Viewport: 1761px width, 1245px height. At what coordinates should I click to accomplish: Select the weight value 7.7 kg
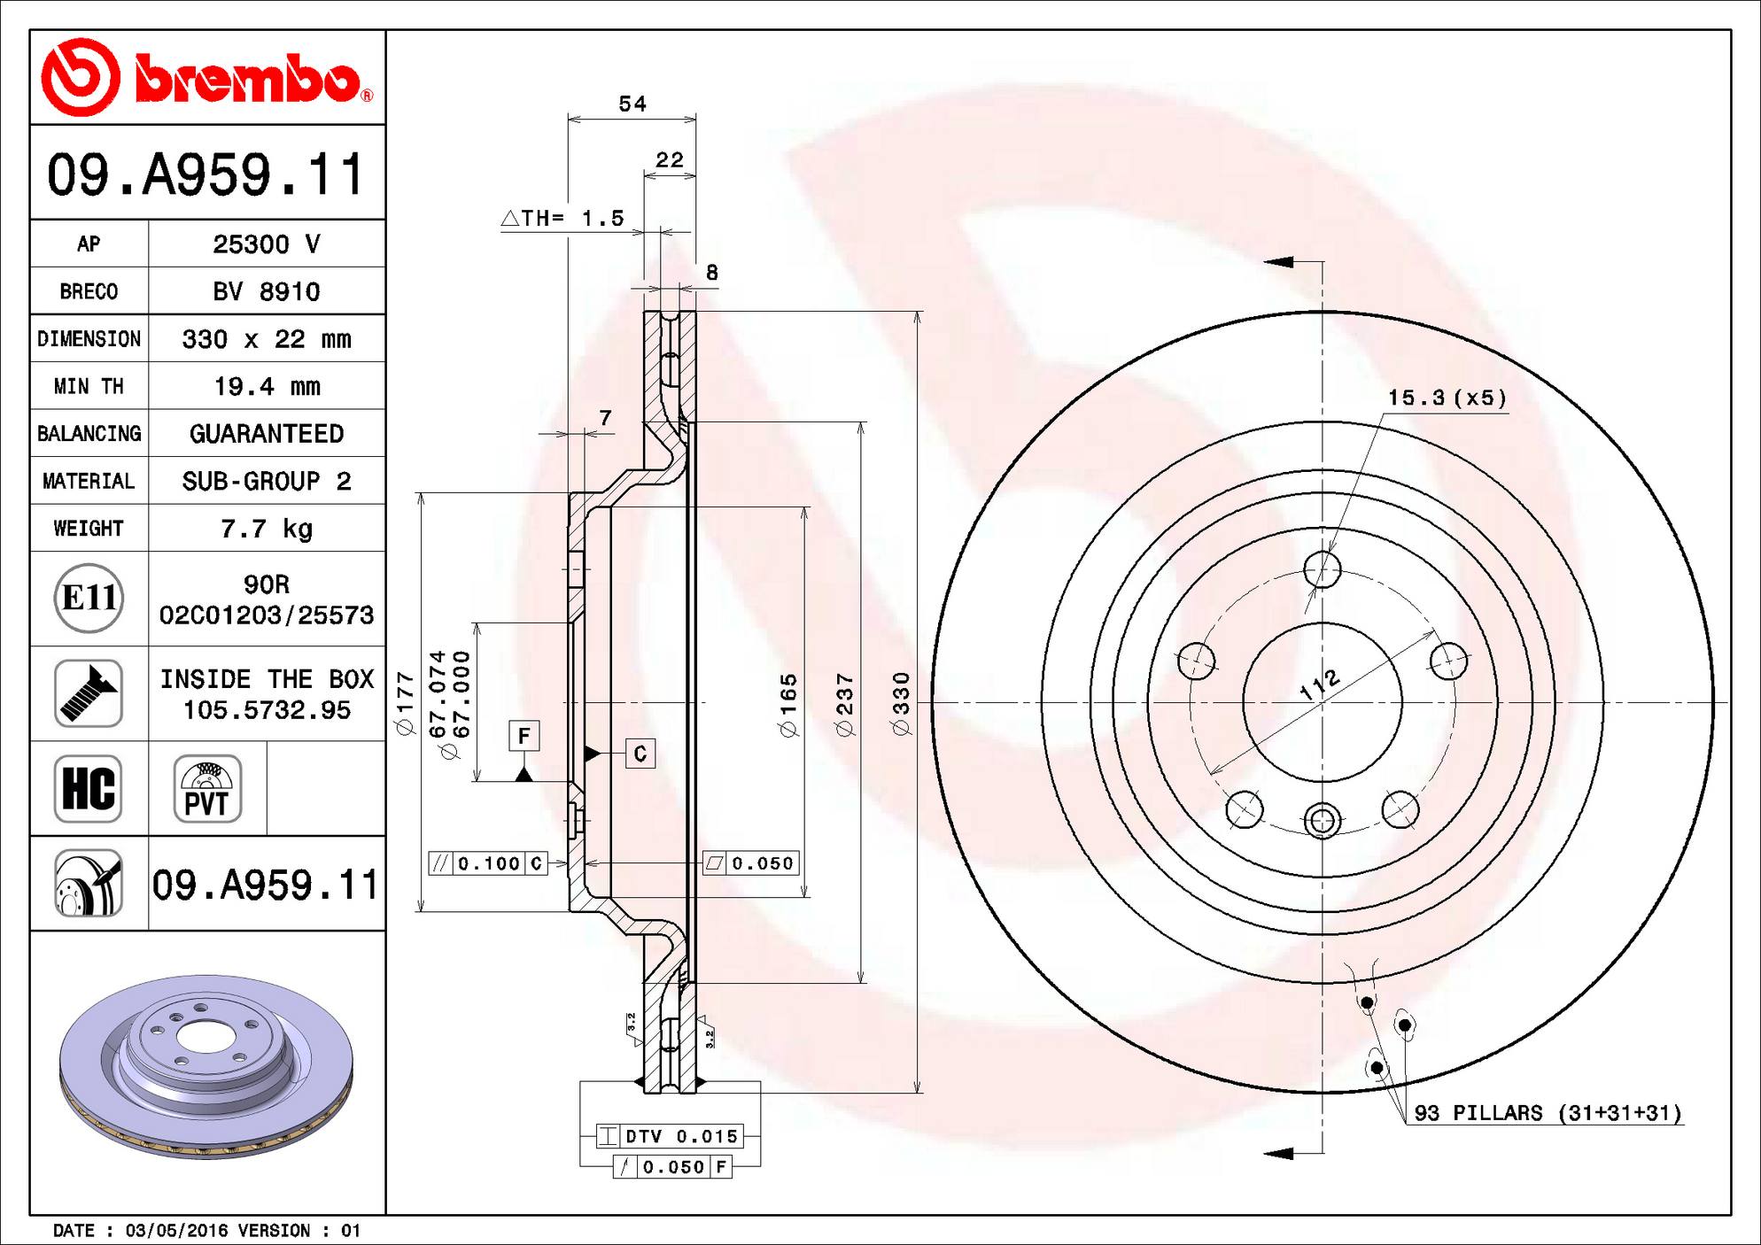[267, 529]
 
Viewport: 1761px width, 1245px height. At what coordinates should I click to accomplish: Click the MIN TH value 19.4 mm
[267, 386]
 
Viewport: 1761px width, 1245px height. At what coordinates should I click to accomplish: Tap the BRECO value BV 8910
[267, 291]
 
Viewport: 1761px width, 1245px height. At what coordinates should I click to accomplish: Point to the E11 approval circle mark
[89, 599]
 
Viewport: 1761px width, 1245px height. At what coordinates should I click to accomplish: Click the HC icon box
[89, 788]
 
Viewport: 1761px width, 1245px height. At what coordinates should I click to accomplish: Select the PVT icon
[207, 788]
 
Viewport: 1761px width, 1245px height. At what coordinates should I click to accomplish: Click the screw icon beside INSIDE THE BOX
[89, 693]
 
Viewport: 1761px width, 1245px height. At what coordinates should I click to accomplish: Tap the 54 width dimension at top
[632, 104]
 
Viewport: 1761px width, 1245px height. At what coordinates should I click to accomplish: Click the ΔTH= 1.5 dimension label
[563, 218]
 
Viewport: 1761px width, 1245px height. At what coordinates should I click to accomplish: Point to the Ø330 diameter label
[901, 704]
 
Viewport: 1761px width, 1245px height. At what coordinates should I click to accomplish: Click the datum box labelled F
[524, 736]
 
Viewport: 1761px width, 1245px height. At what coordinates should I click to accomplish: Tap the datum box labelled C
[640, 754]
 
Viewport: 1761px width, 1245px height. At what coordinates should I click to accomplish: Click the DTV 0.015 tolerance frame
[671, 1136]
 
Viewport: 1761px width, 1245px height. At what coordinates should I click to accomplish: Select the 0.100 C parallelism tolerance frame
[488, 863]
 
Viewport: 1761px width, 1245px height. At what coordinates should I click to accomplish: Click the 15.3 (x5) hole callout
[1447, 398]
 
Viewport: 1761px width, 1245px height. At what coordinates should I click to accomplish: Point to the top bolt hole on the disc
[1323, 569]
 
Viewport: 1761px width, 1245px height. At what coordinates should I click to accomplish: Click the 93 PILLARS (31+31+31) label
[1548, 1113]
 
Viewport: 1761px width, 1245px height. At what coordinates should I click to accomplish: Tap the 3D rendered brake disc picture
[206, 1066]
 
